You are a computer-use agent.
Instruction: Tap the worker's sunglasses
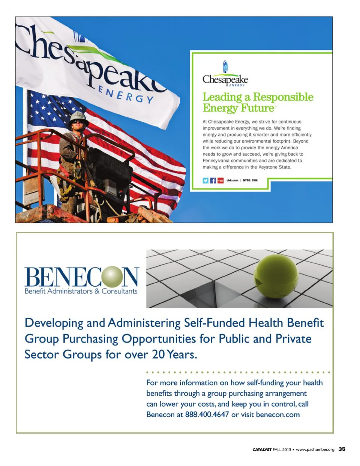point(78,122)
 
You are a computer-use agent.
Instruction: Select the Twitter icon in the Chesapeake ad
point(205,180)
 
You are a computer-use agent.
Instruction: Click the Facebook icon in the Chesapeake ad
point(213,180)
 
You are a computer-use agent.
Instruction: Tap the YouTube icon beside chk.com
point(220,180)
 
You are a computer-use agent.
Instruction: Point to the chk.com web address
point(232,180)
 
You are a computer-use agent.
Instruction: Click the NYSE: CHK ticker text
point(250,180)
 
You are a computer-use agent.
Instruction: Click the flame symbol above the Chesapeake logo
point(225,66)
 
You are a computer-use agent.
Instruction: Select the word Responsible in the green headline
point(283,97)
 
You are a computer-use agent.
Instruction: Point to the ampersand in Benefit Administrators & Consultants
point(97,291)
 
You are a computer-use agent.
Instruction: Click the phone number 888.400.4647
point(207,415)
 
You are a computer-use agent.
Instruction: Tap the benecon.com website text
point(278,415)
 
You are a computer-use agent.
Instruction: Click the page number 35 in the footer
point(342,449)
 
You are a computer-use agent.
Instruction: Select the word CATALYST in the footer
point(262,449)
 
